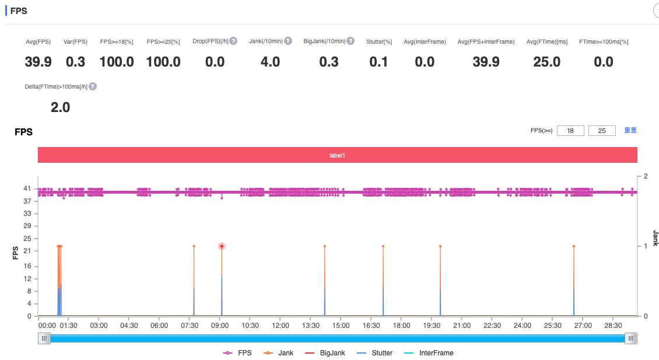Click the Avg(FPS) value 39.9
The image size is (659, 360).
pyautogui.click(x=38, y=62)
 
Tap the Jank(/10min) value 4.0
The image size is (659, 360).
pyautogui.click(x=270, y=62)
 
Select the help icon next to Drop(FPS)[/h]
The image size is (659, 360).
pyautogui.click(x=233, y=41)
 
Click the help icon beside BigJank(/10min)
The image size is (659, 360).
pyautogui.click(x=350, y=41)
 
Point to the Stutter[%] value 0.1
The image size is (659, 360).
pyautogui.click(x=378, y=62)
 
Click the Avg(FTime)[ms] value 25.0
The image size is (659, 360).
pyautogui.click(x=546, y=62)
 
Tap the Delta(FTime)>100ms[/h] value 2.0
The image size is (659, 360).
pyautogui.click(x=60, y=107)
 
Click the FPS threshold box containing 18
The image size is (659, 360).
pyautogui.click(x=570, y=131)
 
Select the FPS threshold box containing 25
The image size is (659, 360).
pyautogui.click(x=602, y=131)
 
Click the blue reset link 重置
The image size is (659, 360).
pyautogui.click(x=630, y=130)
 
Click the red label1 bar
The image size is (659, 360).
pyautogui.click(x=337, y=155)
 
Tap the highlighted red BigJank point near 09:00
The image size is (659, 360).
pyautogui.click(x=222, y=246)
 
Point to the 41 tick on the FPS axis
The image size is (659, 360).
pyautogui.click(x=27, y=188)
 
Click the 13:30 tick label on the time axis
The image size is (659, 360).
pyautogui.click(x=310, y=326)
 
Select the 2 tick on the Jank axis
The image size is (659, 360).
pyautogui.click(x=645, y=176)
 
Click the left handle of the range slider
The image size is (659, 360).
pyautogui.click(x=44, y=338)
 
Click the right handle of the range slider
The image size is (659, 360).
pyautogui.click(x=631, y=338)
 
